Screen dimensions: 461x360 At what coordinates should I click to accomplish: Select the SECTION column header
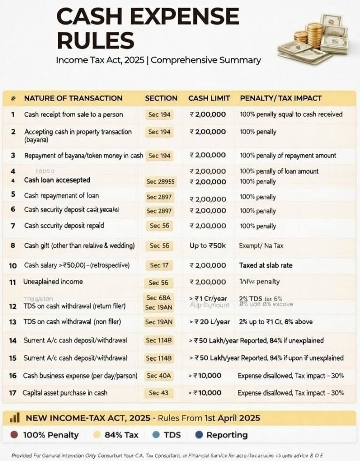(x=161, y=98)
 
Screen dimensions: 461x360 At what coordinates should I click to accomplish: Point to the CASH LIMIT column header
(x=209, y=98)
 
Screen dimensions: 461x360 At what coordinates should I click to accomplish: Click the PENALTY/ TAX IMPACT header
(x=281, y=98)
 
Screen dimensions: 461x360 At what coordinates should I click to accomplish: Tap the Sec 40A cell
(x=159, y=376)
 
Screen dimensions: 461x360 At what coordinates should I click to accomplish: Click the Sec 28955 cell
(x=160, y=182)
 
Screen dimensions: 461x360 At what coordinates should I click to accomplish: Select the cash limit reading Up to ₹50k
(x=208, y=246)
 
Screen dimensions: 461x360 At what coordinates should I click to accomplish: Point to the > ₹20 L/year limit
(x=210, y=322)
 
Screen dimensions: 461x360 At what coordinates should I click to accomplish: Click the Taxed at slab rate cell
(x=266, y=265)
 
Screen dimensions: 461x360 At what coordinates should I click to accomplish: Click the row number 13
(x=13, y=322)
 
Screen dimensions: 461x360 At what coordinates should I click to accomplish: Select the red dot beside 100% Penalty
(x=14, y=435)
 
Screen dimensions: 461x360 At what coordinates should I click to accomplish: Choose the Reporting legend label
(x=227, y=435)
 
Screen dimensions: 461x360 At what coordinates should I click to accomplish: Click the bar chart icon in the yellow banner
(x=15, y=418)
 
